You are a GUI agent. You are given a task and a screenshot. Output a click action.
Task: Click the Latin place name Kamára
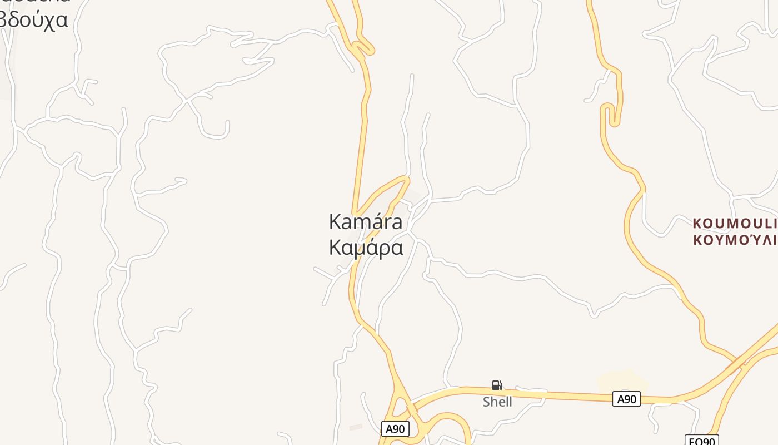pos(366,221)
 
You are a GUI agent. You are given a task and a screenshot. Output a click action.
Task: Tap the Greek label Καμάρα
pos(366,248)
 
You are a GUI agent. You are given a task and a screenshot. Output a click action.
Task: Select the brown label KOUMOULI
pos(735,224)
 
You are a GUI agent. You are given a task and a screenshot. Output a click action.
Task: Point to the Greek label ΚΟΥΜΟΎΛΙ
pos(735,240)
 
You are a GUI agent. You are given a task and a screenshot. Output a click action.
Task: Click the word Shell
pos(497,402)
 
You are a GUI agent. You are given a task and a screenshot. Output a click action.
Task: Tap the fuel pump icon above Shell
pos(497,385)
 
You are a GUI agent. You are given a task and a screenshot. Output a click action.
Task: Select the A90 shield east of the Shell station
pos(626,399)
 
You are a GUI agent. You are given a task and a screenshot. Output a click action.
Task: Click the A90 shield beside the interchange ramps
pos(395,429)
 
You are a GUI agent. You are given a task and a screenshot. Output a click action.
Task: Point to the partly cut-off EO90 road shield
pos(701,441)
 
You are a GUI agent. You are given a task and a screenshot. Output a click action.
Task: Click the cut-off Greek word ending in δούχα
pos(33,19)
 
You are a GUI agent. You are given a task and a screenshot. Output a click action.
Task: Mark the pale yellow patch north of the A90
pos(622,380)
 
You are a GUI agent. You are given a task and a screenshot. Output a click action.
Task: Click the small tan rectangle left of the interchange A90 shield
pos(356,427)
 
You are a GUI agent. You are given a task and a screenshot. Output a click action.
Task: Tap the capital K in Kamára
pos(335,221)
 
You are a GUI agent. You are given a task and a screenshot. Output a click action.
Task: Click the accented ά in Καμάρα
pos(373,248)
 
